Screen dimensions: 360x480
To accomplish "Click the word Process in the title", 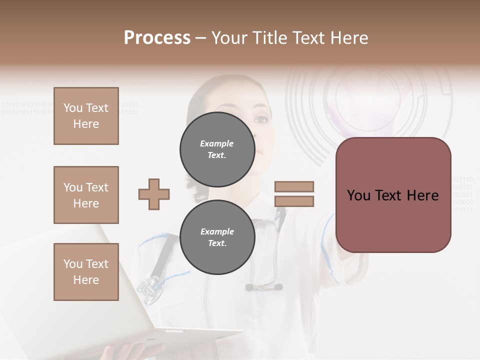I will [x=157, y=38].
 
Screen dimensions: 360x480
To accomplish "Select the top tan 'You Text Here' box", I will [x=86, y=116].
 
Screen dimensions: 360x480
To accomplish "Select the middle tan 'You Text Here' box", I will [x=86, y=195].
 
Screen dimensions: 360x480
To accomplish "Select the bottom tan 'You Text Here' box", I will [x=86, y=272].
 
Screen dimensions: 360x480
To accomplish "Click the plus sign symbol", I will [x=154, y=194].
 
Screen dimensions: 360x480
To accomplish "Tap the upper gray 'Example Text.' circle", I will [x=217, y=149].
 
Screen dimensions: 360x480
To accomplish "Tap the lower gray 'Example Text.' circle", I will [x=217, y=237].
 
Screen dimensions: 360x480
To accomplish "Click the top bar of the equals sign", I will [x=294, y=186].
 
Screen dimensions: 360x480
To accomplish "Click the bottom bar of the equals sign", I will [x=294, y=201].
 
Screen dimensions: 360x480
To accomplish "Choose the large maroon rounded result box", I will [x=393, y=195].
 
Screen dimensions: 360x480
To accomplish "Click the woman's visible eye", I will [x=260, y=119].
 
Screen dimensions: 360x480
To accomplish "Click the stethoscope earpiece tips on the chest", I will [x=263, y=287].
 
